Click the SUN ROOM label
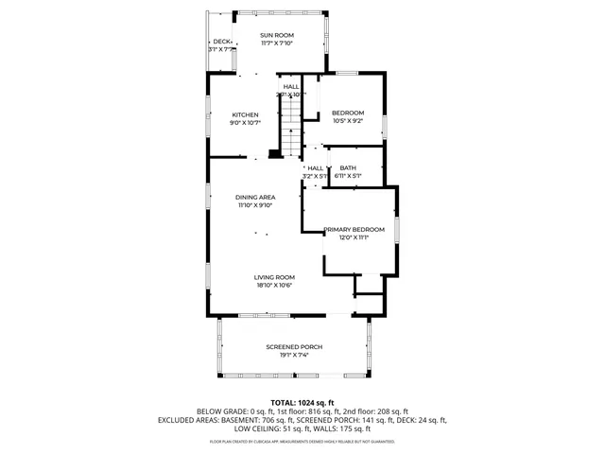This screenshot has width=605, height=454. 277,35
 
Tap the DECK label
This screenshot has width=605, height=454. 221,42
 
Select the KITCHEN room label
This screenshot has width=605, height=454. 245,114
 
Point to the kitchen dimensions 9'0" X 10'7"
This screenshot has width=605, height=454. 245,123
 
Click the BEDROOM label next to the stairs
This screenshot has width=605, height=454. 348,113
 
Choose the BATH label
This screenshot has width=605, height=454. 348,167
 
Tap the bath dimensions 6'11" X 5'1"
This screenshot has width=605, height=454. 348,176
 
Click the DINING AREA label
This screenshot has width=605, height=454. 255,197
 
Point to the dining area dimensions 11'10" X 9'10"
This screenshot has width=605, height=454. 255,205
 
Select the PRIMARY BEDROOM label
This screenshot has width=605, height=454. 354,229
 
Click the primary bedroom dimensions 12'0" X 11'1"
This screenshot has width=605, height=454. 354,237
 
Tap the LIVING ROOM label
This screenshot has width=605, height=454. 273,277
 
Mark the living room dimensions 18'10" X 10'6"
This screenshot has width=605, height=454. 273,286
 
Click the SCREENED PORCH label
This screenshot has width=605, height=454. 294,347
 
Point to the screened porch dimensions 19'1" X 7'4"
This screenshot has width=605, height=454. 294,356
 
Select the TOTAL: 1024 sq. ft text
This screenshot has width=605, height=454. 302,402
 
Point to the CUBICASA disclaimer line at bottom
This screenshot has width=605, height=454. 302,442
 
